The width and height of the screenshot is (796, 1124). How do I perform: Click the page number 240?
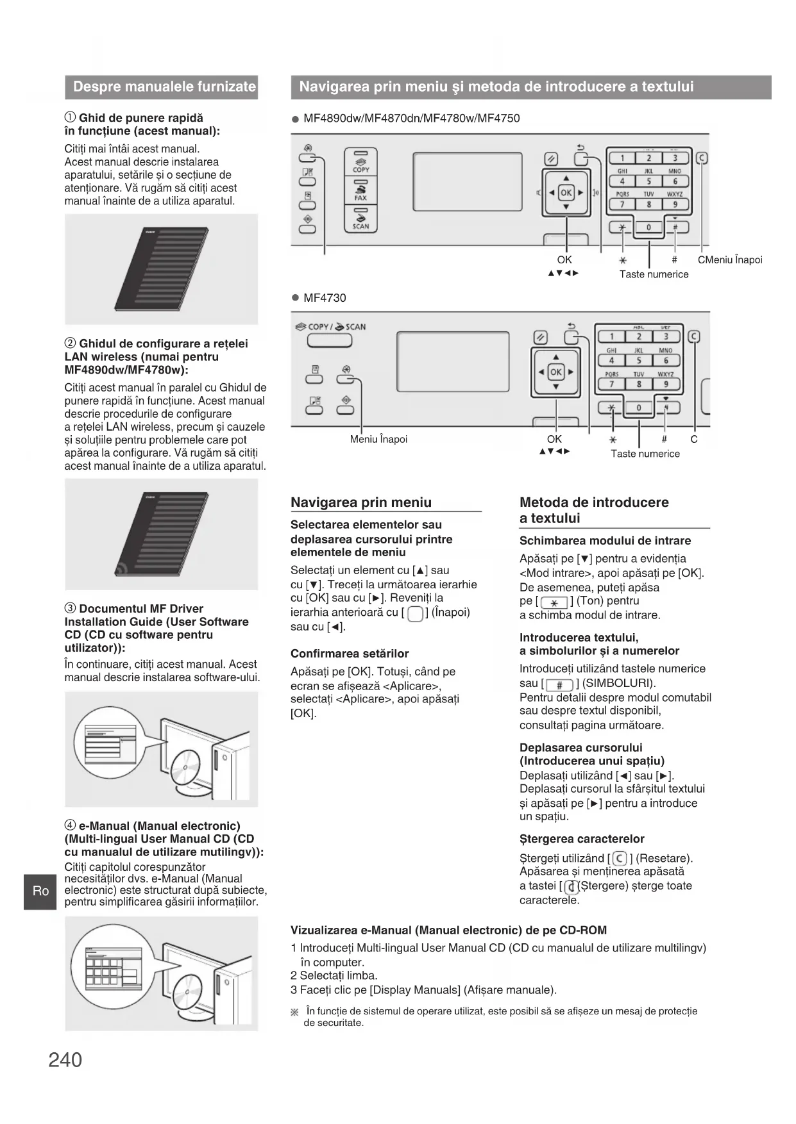[65, 1060]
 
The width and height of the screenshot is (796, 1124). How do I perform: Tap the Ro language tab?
[40, 891]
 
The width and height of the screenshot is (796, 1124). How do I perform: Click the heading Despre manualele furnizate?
[164, 87]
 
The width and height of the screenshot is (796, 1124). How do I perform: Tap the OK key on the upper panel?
[566, 192]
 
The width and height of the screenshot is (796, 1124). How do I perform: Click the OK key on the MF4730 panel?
[555, 372]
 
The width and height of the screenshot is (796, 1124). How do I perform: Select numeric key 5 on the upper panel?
[648, 181]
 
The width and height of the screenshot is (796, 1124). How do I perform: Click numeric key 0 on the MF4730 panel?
[639, 408]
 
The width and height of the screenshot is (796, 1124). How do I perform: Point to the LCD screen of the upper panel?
[468, 181]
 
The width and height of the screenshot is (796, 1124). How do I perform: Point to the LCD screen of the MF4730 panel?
[453, 361]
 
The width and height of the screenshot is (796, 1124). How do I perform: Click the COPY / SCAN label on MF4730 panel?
[330, 327]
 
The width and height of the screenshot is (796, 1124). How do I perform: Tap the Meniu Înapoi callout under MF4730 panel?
[378, 440]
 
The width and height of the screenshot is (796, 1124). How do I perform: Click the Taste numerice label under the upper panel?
[654, 274]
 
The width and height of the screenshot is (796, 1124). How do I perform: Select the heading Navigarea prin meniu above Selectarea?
[361, 502]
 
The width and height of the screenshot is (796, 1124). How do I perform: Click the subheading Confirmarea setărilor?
[350, 654]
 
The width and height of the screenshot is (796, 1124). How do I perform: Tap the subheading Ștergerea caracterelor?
[582, 839]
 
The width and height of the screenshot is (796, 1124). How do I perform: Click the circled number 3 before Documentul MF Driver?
[71, 609]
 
